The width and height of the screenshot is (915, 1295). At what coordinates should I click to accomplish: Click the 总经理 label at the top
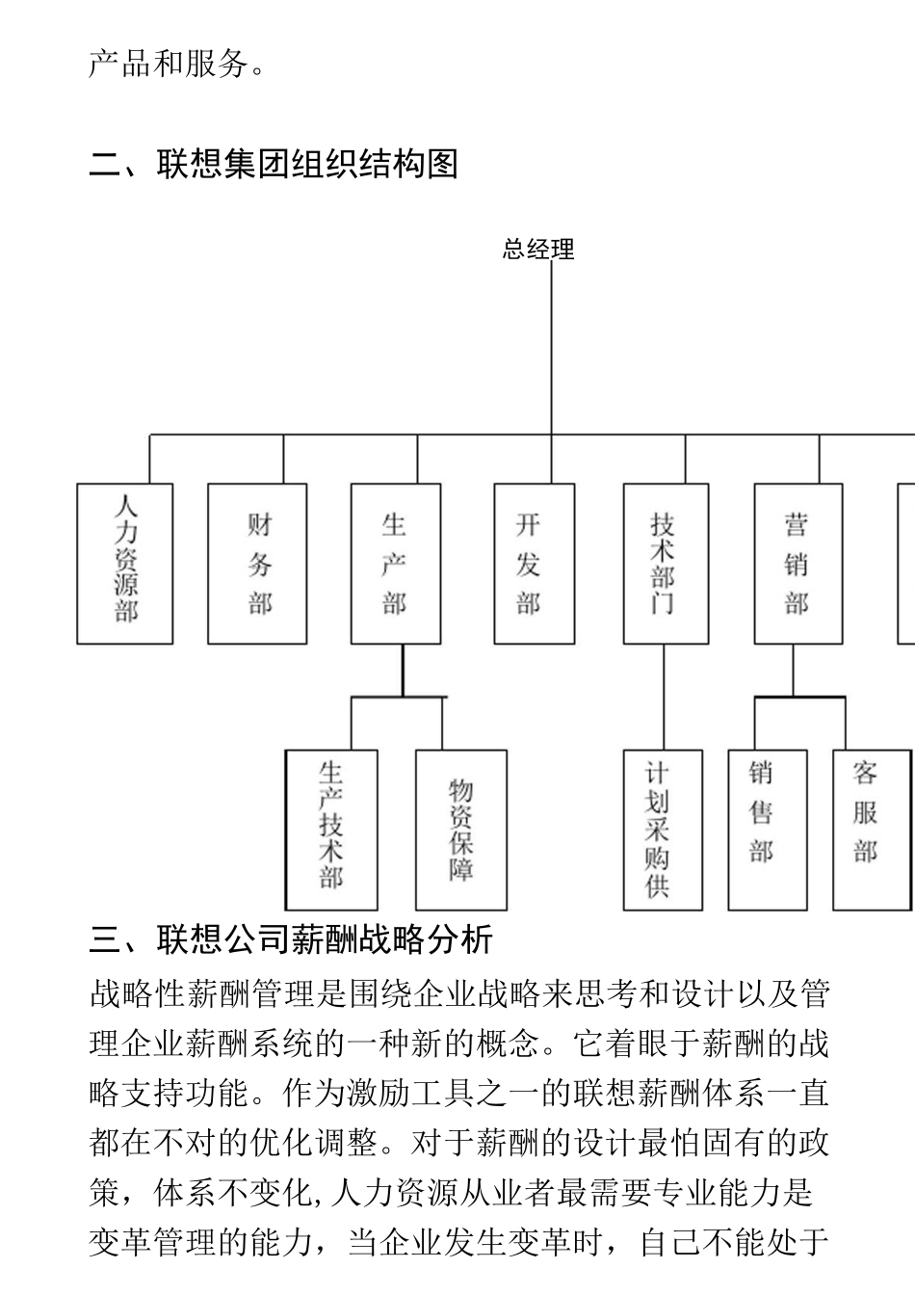[538, 250]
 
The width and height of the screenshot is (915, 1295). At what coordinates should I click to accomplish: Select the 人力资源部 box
[125, 564]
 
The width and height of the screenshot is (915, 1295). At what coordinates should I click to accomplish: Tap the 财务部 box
[258, 564]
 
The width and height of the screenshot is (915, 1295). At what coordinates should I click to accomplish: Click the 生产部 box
[395, 564]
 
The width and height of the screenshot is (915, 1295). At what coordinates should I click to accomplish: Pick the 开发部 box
[534, 564]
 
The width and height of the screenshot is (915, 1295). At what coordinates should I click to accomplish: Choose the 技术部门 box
[666, 564]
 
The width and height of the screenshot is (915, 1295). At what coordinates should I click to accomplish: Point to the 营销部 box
[797, 564]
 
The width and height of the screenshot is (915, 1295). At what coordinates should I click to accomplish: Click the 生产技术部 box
[331, 830]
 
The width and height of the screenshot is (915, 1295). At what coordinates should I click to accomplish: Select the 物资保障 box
[460, 830]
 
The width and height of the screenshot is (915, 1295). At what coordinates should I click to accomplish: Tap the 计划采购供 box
[662, 830]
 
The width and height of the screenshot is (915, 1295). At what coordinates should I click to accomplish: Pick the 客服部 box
[871, 830]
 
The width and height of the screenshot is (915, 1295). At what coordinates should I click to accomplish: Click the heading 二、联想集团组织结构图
[274, 165]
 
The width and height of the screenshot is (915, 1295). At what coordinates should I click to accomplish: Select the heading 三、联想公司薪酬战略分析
[291, 938]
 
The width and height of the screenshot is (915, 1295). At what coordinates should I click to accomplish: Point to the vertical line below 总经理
[552, 347]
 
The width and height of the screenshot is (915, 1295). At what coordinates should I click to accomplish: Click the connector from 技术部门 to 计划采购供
[665, 697]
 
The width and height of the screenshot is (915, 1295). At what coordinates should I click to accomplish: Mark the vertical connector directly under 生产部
[403, 670]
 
